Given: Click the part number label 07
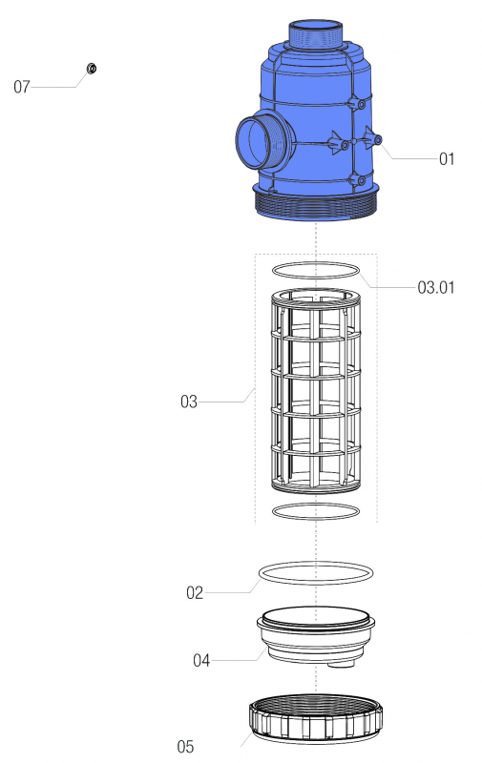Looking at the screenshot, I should pyautogui.click(x=22, y=87).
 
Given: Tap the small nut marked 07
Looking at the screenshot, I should pyautogui.click(x=92, y=68).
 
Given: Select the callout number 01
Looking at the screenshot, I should pyautogui.click(x=447, y=159).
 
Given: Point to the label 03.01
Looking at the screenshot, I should pyautogui.click(x=436, y=286).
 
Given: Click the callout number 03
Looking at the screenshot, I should pyautogui.click(x=189, y=402).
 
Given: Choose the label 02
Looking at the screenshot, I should pyautogui.click(x=195, y=593).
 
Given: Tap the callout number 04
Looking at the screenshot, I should pyautogui.click(x=201, y=660).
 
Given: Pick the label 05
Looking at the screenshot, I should pyautogui.click(x=188, y=745).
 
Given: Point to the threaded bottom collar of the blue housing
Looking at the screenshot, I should pyautogui.click(x=316, y=203).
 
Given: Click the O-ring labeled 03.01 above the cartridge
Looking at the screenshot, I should pyautogui.click(x=316, y=271).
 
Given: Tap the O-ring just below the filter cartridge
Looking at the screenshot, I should pyautogui.click(x=316, y=512).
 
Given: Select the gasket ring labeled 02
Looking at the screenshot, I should pyautogui.click(x=316, y=572).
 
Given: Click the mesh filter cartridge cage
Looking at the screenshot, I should pyautogui.click(x=316, y=391).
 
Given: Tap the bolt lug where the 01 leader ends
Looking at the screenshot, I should pyautogui.click(x=377, y=140).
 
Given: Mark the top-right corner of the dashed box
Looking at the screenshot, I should pyautogui.click(x=376, y=255).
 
